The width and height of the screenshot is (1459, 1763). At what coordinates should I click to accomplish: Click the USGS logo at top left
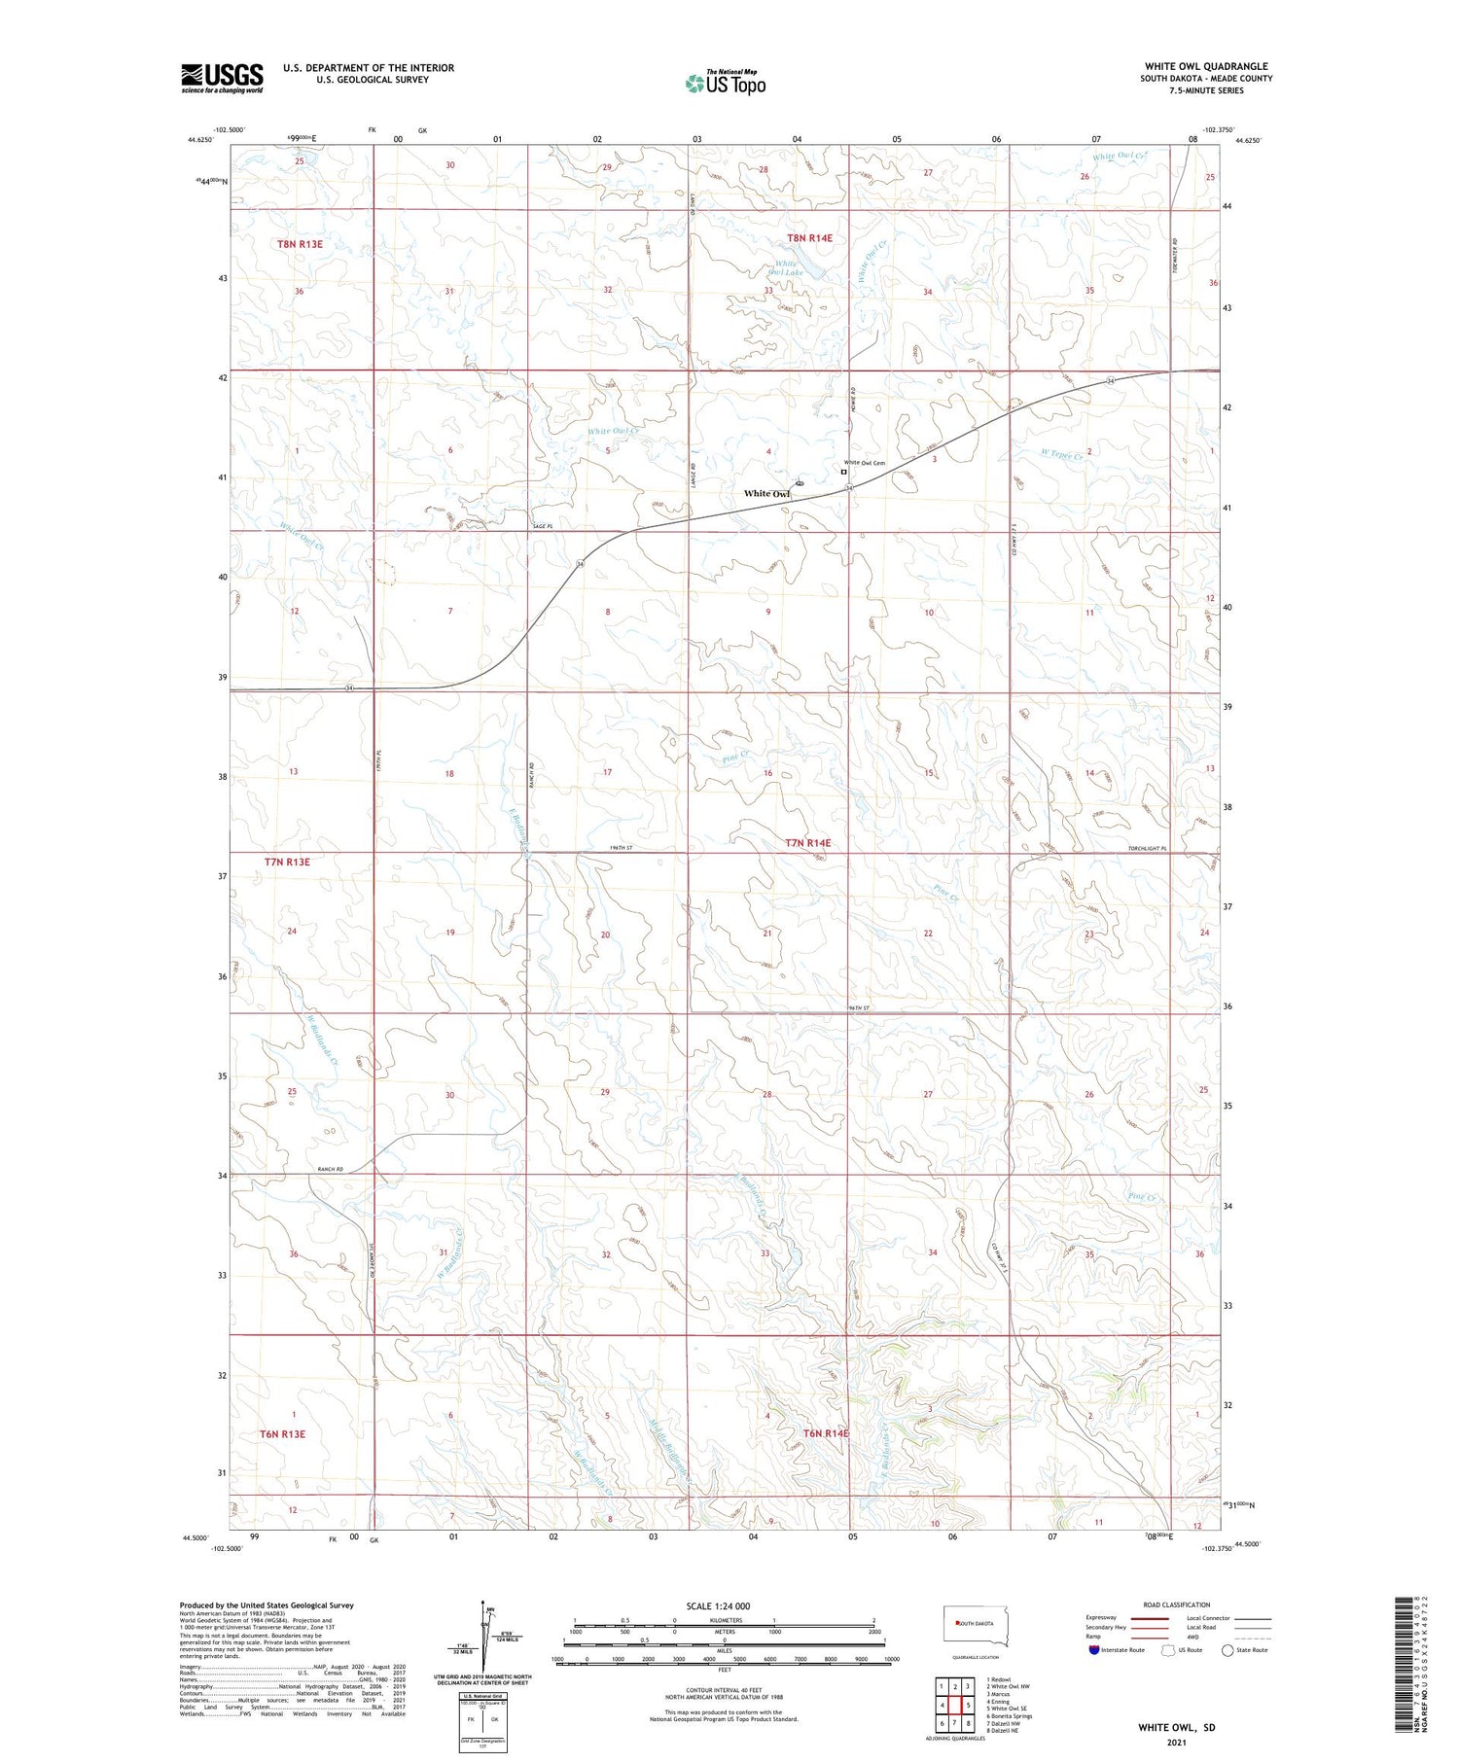click(x=222, y=78)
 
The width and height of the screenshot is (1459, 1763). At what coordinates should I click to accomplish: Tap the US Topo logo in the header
click(x=725, y=83)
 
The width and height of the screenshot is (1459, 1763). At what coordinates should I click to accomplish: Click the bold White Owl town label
click(x=766, y=494)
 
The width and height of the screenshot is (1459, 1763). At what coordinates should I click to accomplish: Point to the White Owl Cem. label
click(x=865, y=463)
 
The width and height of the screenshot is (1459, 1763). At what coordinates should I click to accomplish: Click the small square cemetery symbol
click(x=844, y=472)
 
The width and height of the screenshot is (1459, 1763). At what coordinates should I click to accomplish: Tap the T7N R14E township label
click(x=807, y=843)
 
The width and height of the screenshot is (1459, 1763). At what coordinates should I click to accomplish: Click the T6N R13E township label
click(x=282, y=1434)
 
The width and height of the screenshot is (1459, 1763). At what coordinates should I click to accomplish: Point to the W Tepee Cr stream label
click(x=1062, y=454)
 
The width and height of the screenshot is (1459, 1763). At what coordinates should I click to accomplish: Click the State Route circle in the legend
click(x=1228, y=1650)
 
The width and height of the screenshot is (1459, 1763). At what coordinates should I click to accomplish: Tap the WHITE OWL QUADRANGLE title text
click(x=1206, y=67)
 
